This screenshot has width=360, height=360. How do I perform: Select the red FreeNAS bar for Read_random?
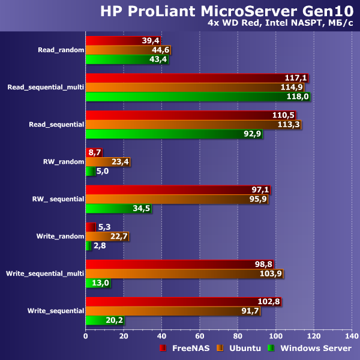[x=120, y=40]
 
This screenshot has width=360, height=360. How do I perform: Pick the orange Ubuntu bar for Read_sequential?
[x=192, y=125]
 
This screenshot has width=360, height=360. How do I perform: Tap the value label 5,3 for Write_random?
[x=104, y=227]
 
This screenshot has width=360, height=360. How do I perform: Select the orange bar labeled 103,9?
[x=183, y=274]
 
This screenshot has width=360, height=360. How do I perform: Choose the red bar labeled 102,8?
[x=182, y=301]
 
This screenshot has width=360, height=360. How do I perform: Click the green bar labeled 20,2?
[x=104, y=320]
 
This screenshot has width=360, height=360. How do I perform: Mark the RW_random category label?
[x=63, y=162]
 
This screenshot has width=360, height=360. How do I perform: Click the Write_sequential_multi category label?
[x=44, y=274]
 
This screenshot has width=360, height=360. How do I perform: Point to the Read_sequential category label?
[x=56, y=125]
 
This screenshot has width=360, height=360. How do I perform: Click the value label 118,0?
[x=298, y=96]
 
